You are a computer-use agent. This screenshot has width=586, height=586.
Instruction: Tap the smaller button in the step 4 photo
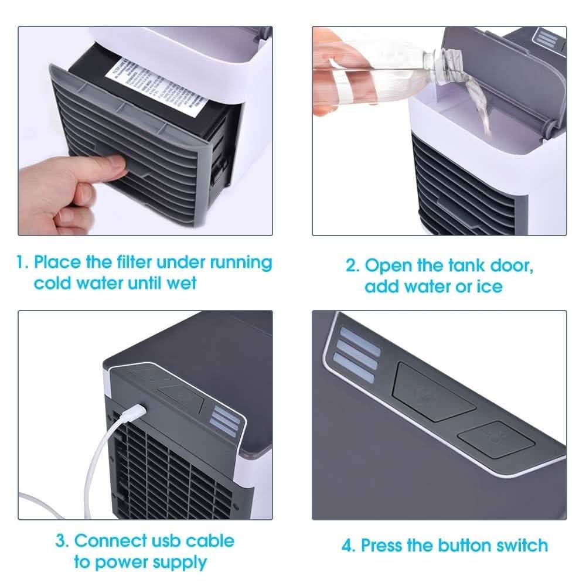tap(495, 441)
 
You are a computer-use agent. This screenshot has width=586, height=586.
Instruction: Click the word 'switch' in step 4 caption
tap(519, 546)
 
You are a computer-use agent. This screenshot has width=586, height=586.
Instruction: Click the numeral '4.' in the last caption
tap(349, 546)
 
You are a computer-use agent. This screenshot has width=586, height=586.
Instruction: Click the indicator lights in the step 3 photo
tap(226, 420)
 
